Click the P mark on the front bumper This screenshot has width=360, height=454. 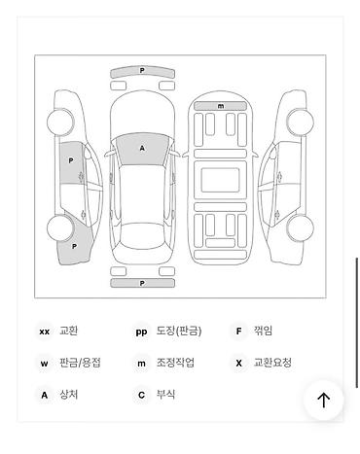[142, 71]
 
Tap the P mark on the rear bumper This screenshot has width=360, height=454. [142, 283]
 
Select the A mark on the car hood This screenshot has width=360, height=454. [142, 148]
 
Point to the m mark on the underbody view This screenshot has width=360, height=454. [221, 106]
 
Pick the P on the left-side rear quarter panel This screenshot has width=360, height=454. [74, 247]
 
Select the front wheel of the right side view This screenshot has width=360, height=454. [301, 122]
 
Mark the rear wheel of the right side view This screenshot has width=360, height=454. [301, 229]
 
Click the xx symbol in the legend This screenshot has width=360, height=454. [44, 332]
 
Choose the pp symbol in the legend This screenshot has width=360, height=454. [142, 332]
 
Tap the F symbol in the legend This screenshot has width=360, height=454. [238, 332]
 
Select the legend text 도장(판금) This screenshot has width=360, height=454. [179, 332]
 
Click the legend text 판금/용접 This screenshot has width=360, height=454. [80, 363]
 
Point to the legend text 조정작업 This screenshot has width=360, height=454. [175, 363]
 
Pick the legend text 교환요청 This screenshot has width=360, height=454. [272, 363]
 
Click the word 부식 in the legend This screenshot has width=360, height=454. [165, 395]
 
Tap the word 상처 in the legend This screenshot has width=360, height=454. [68, 395]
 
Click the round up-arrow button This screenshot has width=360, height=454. [323, 400]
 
